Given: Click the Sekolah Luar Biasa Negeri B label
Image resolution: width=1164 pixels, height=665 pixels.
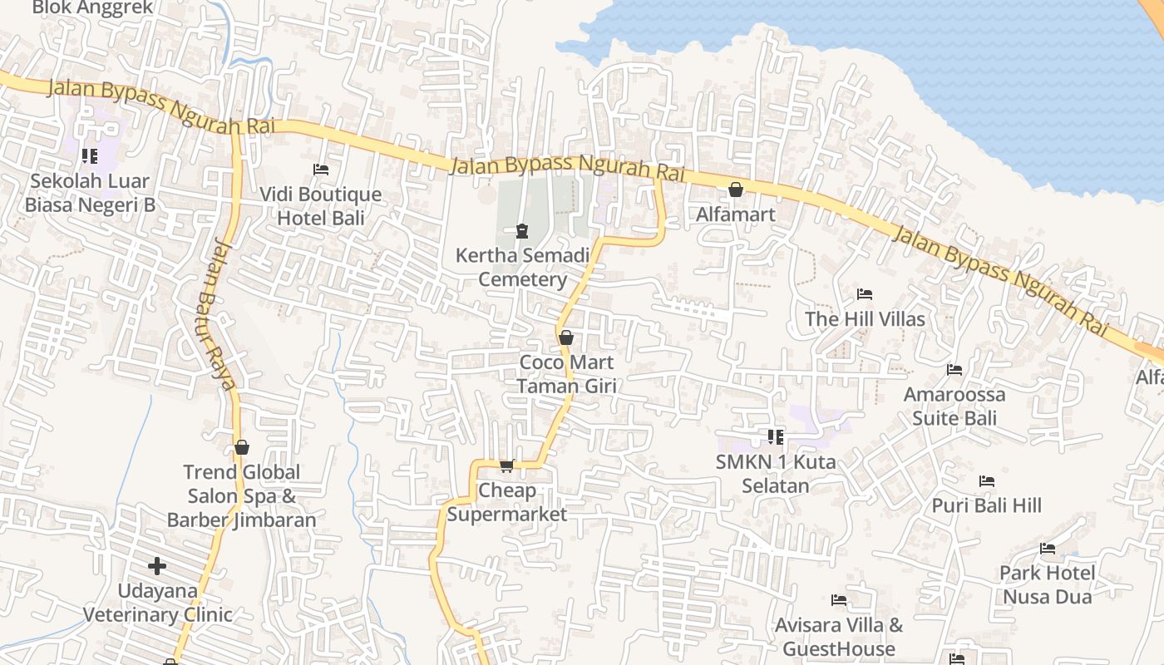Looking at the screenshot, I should tap(90, 193).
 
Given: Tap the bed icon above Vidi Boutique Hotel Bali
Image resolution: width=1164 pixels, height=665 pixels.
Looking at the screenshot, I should tap(321, 170).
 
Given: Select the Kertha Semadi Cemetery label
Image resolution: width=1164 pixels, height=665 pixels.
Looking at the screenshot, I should tap(522, 267).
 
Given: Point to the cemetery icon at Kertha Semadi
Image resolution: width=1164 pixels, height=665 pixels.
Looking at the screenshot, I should tap(522, 230).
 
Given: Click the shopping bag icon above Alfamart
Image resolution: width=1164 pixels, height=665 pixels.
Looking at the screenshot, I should tap(736, 190).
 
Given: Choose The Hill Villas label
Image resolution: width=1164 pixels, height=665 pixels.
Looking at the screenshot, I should tap(865, 319).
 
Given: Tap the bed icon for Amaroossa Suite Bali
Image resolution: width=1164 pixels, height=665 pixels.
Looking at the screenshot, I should tap(954, 370).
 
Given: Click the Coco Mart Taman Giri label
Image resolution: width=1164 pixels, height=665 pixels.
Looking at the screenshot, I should tap(566, 374).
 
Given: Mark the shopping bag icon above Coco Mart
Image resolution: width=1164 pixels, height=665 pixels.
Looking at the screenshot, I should tap(566, 337).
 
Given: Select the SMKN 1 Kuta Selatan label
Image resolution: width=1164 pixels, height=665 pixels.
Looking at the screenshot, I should tap(776, 474).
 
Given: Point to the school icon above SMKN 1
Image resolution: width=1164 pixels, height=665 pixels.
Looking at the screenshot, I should tap(776, 436).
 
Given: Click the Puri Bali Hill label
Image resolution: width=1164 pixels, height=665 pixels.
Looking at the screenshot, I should tap(986, 505).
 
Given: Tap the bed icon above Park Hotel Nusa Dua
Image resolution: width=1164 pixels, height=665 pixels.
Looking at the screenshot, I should tap(1048, 549).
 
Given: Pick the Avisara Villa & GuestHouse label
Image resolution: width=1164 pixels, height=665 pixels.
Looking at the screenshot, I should tap(839, 637).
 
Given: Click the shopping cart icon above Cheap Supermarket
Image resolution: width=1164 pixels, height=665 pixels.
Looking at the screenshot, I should tap(507, 465).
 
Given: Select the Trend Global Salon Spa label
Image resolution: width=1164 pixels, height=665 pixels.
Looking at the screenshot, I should tap(241, 496).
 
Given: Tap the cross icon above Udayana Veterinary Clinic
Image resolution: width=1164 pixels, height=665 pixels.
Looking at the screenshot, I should tap(157, 567).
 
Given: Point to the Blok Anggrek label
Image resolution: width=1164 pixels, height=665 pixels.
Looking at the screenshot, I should tap(92, 8).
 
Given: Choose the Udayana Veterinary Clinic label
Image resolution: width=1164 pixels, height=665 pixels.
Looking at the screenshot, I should tap(158, 603).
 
